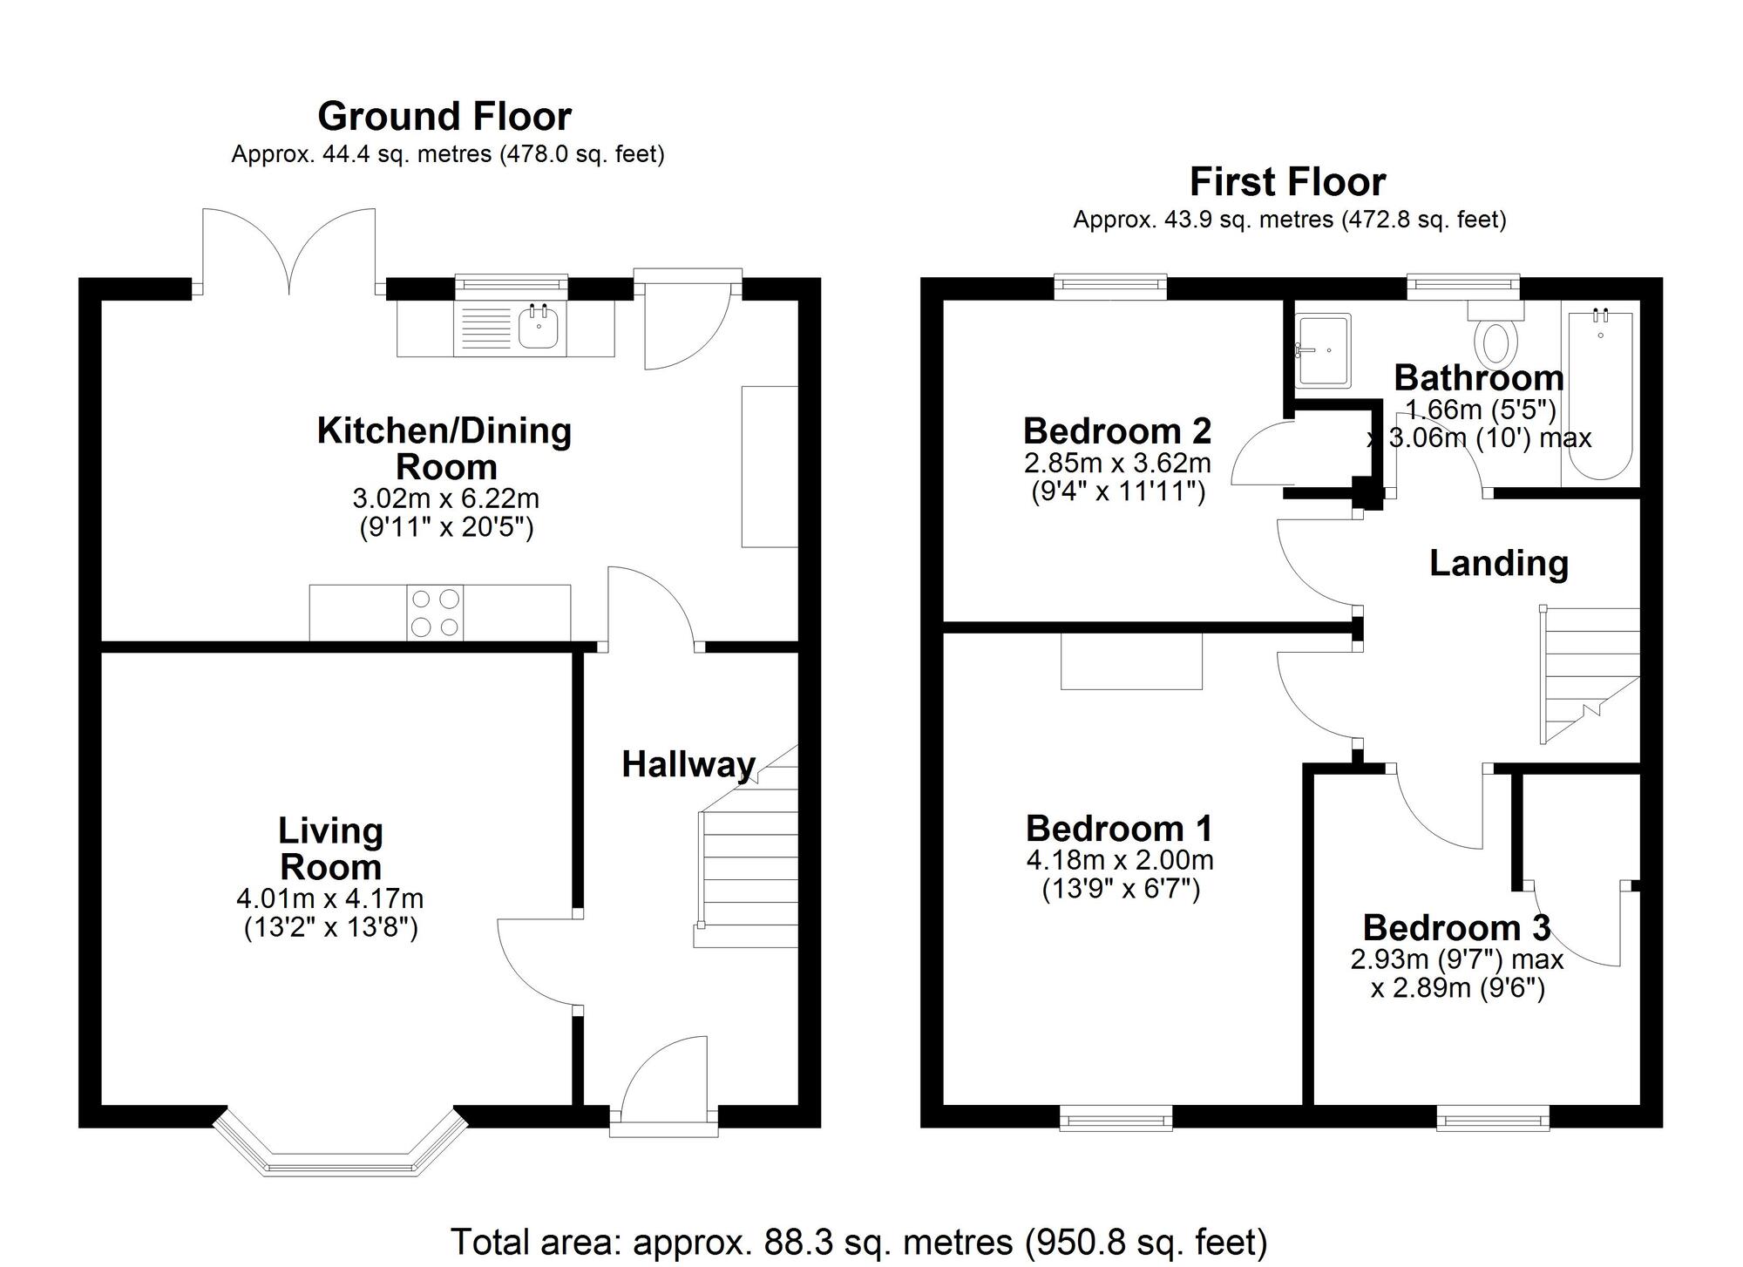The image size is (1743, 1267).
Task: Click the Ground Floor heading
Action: point(444,116)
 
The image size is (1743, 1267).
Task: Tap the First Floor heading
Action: point(1288,182)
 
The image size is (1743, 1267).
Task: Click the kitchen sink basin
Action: point(539,327)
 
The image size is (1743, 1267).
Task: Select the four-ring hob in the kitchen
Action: point(435,613)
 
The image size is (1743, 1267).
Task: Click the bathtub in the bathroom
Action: point(1600,396)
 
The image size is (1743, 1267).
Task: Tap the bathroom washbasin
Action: point(1323,350)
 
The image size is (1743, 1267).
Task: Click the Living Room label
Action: point(330,849)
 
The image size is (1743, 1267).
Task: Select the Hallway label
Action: point(688,765)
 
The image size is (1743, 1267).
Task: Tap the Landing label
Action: point(1499,564)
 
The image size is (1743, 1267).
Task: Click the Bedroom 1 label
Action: point(1119,828)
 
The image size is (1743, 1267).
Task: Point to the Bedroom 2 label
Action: point(1117,430)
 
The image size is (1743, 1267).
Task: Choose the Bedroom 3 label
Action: point(1457,927)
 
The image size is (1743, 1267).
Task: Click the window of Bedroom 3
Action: point(1493,1117)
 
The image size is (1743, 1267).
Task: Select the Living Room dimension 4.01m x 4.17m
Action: point(330,898)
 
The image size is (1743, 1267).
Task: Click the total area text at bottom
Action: point(858,1242)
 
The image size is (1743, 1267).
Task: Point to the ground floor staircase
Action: point(746,845)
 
